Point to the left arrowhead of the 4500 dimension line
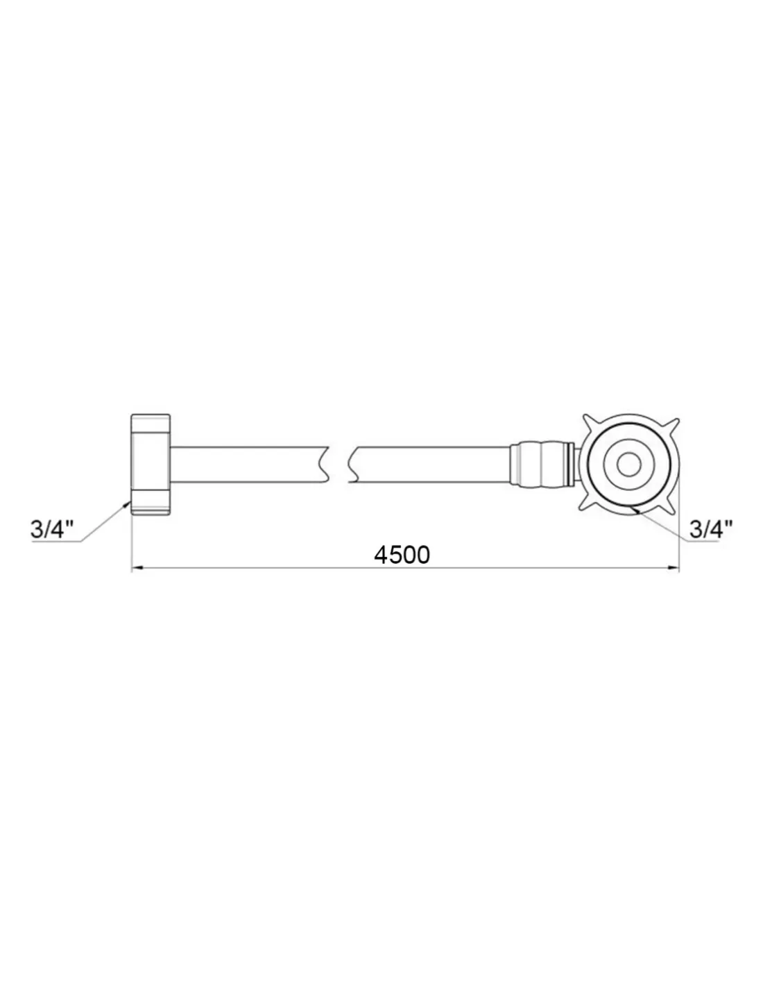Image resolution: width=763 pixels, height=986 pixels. (137, 567)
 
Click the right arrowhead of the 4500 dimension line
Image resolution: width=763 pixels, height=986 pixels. (673, 567)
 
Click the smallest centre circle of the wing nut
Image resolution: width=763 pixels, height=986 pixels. (628, 464)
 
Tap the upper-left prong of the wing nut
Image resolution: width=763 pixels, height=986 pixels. (589, 421)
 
